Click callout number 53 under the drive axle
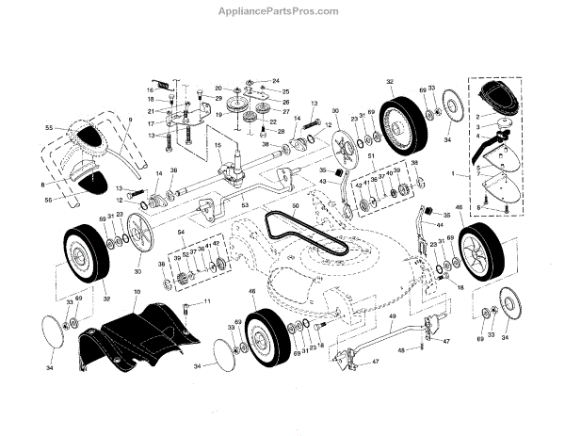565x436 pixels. pyautogui.click(x=244, y=204)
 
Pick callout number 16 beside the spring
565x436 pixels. pyautogui.click(x=149, y=89)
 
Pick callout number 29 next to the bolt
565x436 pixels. pyautogui.click(x=218, y=99)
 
